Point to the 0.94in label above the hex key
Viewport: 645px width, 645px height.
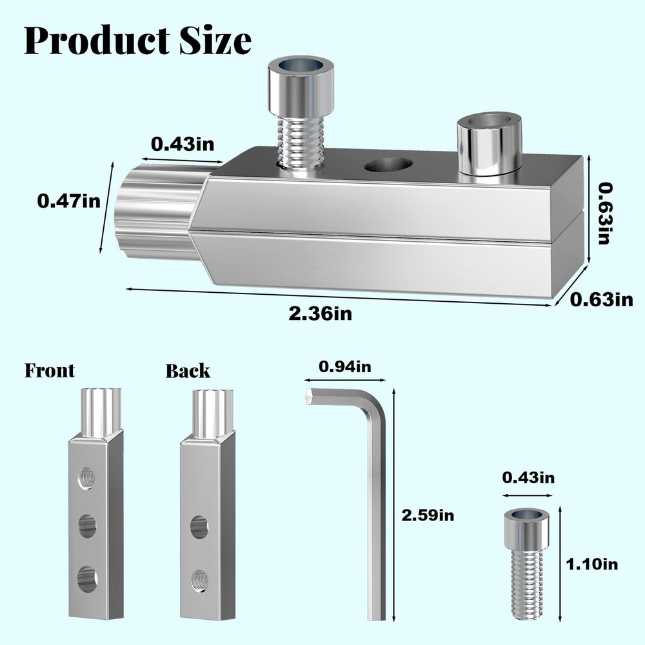tap(345, 368)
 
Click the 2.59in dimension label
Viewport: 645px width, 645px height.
tap(427, 515)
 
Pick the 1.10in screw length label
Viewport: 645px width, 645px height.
tap(591, 564)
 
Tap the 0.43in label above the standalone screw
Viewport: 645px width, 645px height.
tap(528, 478)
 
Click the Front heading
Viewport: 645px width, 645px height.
tap(50, 371)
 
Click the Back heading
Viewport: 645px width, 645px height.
tap(188, 371)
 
